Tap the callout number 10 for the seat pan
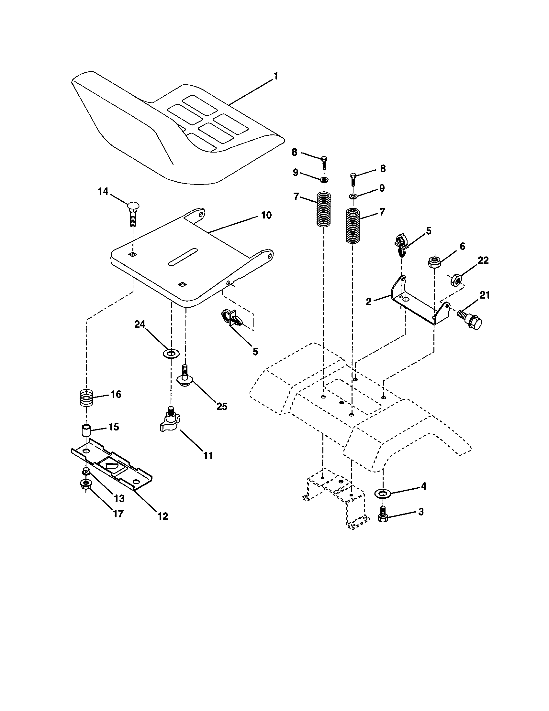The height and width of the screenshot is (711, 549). click(266, 215)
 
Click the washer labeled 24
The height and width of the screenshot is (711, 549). click(171, 353)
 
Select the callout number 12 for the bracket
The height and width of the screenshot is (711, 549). click(163, 516)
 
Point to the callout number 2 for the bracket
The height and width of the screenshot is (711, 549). click(369, 302)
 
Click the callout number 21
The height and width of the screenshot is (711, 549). click(485, 295)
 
